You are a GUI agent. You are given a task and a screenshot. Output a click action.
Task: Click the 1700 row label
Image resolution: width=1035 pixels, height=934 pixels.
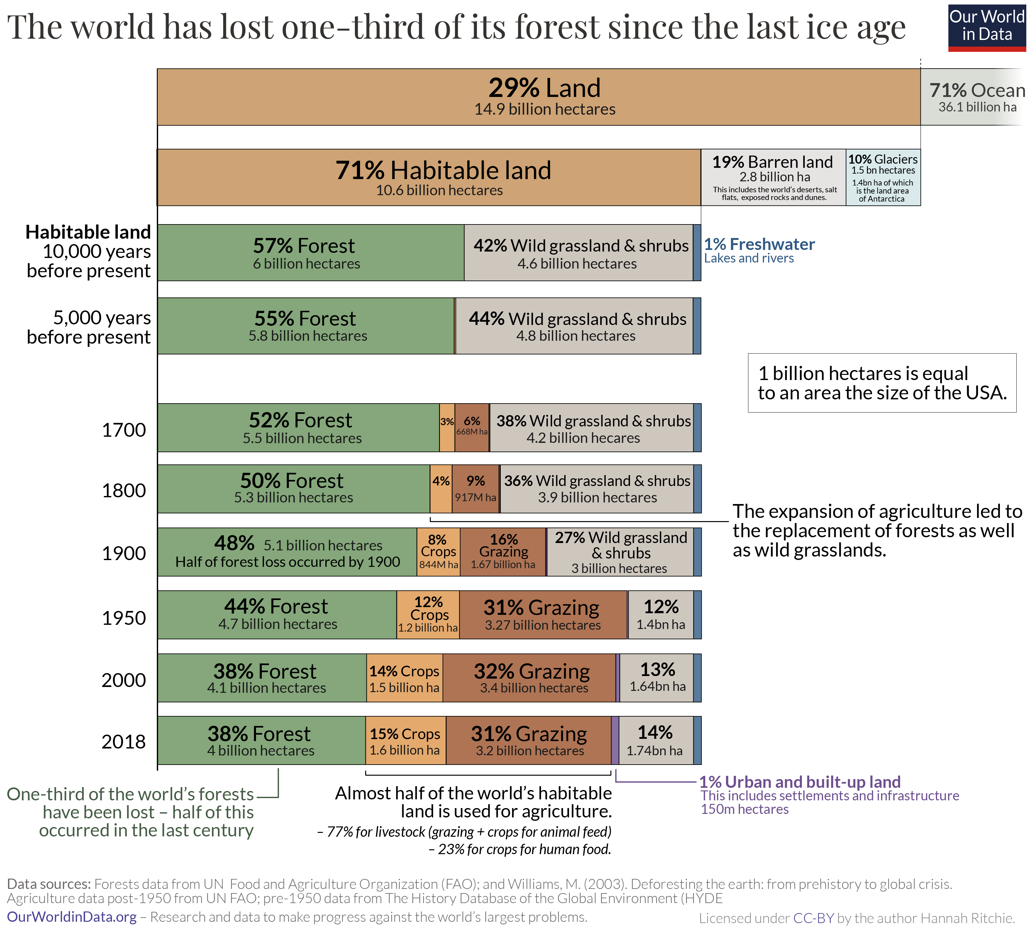coord(124,430)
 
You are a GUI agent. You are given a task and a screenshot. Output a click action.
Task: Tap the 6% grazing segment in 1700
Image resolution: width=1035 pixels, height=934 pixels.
coord(471,427)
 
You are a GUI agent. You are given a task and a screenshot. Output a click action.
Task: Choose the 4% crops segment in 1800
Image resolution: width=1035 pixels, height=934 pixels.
coord(440,489)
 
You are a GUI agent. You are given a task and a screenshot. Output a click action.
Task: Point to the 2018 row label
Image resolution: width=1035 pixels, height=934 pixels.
coord(124,741)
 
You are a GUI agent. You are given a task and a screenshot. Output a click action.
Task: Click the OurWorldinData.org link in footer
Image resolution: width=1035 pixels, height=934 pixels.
coord(72,917)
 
